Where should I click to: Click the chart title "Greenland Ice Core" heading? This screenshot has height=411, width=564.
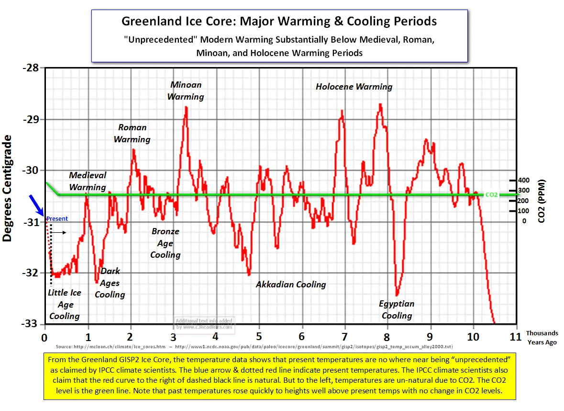279,22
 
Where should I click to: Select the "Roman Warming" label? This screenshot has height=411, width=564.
132,134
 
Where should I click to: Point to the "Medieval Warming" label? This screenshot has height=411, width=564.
88,181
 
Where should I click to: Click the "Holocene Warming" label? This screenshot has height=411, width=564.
354,87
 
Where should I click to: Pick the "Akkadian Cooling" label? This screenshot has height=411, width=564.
291,285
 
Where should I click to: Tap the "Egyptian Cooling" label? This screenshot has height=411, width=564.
397,309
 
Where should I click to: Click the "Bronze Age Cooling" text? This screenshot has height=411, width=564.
166,243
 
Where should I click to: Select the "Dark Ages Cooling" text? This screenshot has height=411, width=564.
110,283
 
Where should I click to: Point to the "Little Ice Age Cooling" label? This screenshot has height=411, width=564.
65,304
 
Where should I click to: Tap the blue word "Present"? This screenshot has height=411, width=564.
57,219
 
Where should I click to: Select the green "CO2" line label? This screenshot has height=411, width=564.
491,194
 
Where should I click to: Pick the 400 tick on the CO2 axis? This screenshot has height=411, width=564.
524,180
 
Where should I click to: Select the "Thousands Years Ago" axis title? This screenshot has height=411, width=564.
542,338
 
